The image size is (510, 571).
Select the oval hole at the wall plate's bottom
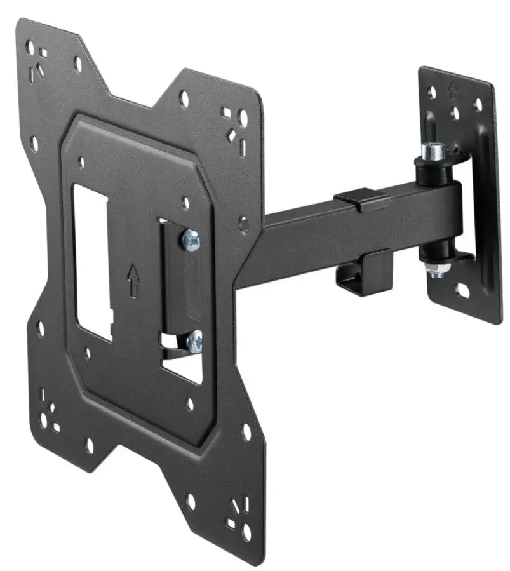[x=462, y=292]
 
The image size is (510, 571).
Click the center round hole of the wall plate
[x=455, y=112]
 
